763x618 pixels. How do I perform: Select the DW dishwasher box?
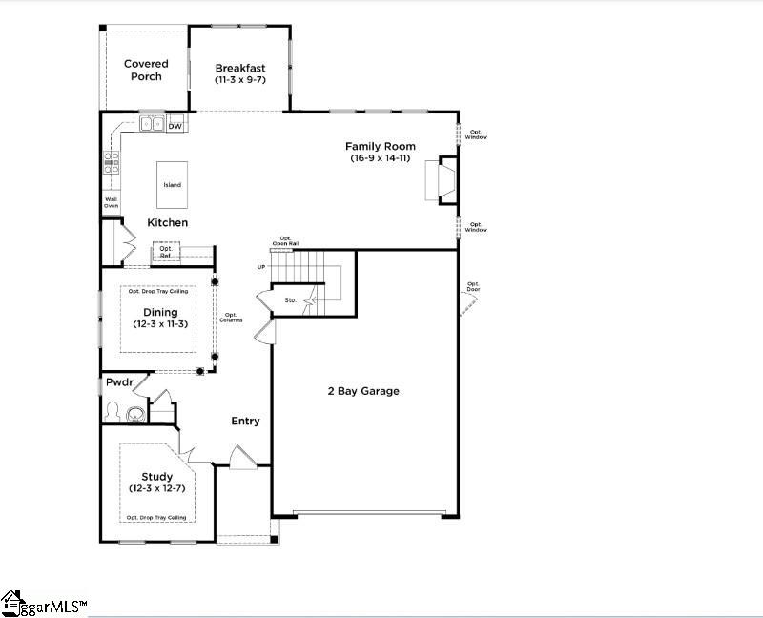175,125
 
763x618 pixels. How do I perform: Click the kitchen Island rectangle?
172,185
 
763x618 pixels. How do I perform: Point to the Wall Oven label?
111,202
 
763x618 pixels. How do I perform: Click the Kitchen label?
167,222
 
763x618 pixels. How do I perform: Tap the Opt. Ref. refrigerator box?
166,252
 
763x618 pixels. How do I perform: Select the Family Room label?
380,146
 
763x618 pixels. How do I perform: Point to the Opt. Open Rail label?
284,240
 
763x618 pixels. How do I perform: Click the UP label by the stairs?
261,267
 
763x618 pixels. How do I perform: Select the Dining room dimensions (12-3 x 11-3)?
159,324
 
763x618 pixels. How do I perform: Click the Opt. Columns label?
231,318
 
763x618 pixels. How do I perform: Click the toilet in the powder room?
113,413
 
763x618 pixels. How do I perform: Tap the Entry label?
245,421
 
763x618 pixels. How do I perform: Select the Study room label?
157,477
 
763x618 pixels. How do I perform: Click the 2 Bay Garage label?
363,391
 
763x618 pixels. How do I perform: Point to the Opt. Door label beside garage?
473,286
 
